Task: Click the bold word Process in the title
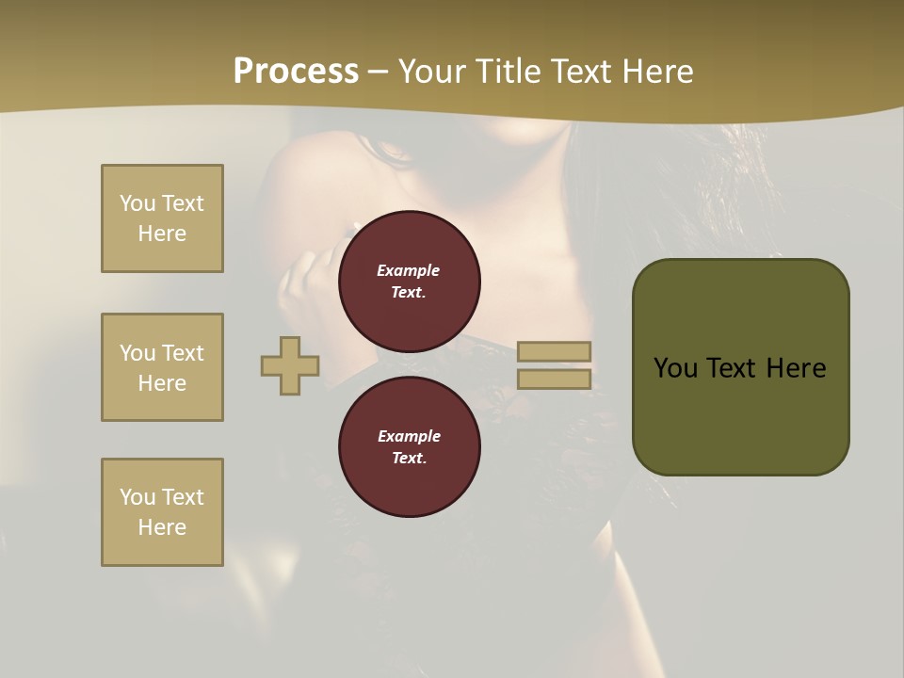(x=296, y=72)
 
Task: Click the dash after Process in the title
(x=379, y=72)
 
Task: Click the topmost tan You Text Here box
(x=162, y=218)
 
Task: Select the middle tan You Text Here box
(x=162, y=367)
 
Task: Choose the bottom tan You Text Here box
(x=162, y=512)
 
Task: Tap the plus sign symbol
(x=290, y=366)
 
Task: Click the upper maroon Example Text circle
(x=409, y=282)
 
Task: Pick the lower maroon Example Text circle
(x=409, y=447)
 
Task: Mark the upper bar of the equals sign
(x=554, y=351)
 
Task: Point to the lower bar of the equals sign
(x=554, y=379)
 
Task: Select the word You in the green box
(x=677, y=368)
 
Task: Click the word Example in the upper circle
(x=409, y=270)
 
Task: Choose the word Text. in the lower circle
(x=409, y=459)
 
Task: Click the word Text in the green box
(x=734, y=368)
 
